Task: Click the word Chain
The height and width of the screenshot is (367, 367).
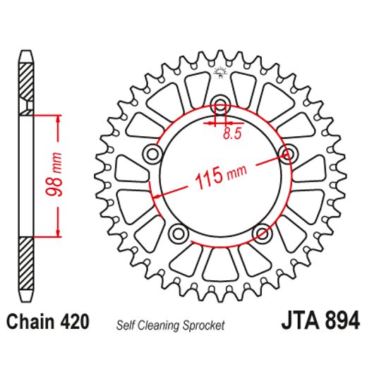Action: point(28,323)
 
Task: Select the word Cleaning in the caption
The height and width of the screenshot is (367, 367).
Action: point(160,325)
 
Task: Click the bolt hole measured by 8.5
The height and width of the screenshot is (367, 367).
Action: point(220,106)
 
